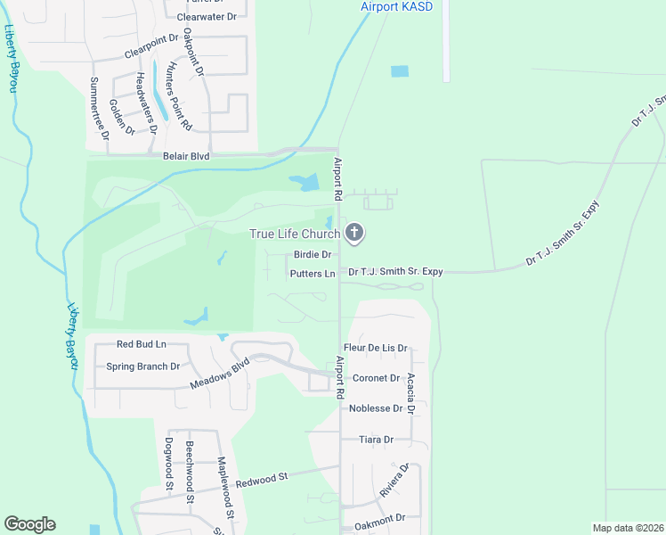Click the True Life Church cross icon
pyautogui.click(x=354, y=234)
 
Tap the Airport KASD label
pyautogui.click(x=395, y=6)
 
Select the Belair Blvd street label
pyautogui.click(x=186, y=156)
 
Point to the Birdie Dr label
pyautogui.click(x=313, y=255)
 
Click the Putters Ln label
pyautogui.click(x=312, y=273)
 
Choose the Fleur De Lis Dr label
pyautogui.click(x=376, y=348)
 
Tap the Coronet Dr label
pyautogui.click(x=375, y=378)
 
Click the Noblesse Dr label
pyautogui.click(x=378, y=408)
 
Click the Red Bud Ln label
pyautogui.click(x=142, y=344)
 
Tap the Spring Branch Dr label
pyautogui.click(x=143, y=366)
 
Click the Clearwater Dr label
pyautogui.click(x=207, y=16)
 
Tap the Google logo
pyautogui.click(x=30, y=524)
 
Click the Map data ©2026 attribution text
pyautogui.click(x=628, y=528)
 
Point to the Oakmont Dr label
pyautogui.click(x=378, y=517)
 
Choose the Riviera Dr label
pyautogui.click(x=393, y=480)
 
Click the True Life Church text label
pyautogui.click(x=295, y=235)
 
